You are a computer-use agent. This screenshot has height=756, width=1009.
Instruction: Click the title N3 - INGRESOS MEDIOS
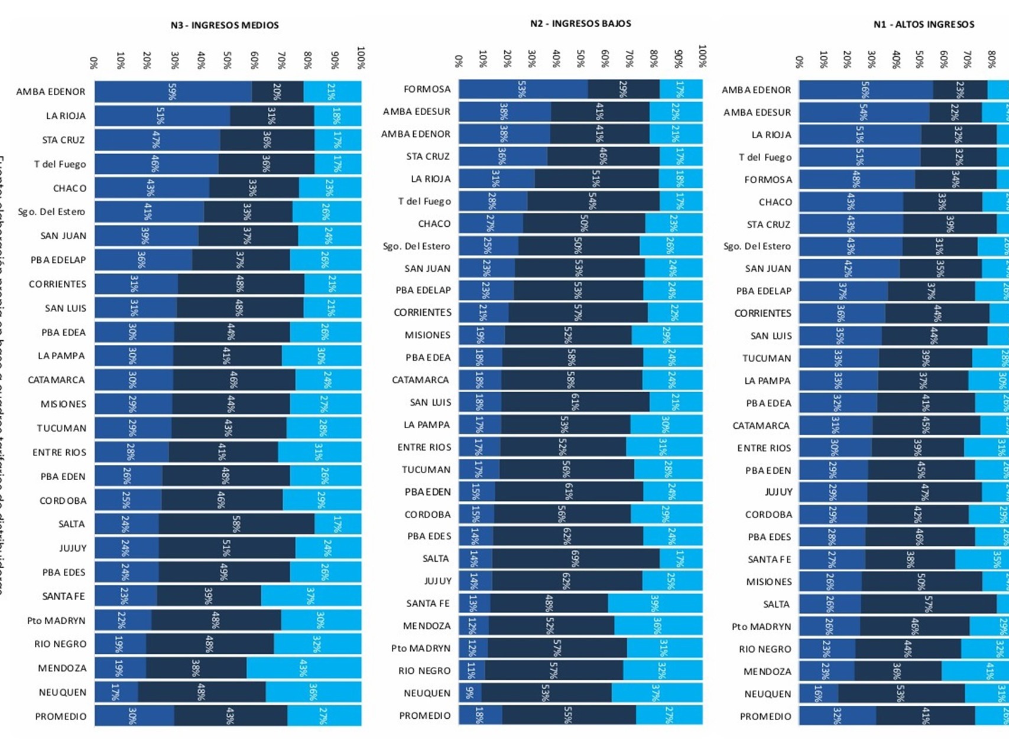225,25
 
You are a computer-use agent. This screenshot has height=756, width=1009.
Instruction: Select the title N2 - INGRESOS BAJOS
580,24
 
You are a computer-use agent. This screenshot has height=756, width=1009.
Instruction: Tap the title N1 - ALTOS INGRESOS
924,24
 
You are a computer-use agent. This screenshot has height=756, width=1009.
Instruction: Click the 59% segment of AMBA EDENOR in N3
173,92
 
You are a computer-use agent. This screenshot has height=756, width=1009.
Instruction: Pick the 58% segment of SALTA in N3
236,524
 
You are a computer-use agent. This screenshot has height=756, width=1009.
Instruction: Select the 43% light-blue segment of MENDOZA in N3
304,668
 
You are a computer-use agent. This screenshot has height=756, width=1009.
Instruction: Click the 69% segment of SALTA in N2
576,558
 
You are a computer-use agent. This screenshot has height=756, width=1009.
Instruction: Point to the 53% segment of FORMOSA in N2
523,89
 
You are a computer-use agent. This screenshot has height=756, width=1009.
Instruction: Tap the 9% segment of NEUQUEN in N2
470,693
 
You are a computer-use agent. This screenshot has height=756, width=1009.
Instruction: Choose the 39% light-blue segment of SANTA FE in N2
655,603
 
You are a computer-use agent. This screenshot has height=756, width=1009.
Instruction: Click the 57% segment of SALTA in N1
928,604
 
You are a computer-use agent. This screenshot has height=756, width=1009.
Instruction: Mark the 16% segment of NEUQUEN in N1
818,694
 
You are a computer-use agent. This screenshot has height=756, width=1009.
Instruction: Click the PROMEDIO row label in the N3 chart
61,716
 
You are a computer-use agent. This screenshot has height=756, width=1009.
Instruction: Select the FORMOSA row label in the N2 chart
427,89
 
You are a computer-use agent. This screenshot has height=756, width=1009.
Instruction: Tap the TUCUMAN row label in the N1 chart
767,359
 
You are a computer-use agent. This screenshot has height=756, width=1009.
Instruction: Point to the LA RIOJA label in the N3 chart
66,116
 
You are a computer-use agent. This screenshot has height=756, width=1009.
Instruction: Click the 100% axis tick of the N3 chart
361,57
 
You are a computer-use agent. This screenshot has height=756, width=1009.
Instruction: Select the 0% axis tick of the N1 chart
799,61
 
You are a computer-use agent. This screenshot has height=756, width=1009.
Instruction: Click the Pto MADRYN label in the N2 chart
420,648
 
